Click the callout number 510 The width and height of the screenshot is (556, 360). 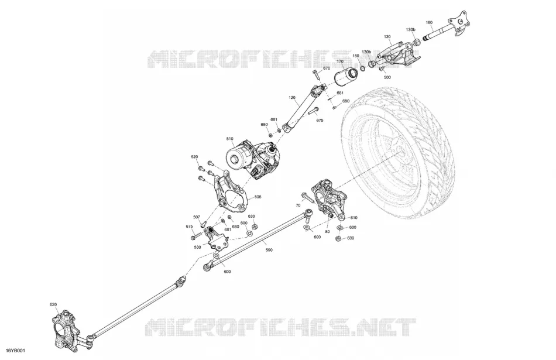point(230,139)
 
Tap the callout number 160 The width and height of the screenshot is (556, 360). point(429,23)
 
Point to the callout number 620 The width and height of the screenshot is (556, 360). point(53,304)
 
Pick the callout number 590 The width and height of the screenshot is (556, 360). point(269,250)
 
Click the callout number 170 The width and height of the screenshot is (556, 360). point(340,61)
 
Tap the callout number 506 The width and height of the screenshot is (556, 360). point(258,197)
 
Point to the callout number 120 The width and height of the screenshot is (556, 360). point(292,98)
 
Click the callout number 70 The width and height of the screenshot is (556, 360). point(298,205)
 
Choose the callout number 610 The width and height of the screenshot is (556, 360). point(354,218)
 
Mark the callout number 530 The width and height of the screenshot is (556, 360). point(197,247)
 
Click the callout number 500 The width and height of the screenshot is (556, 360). point(387,77)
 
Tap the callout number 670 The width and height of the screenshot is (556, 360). point(326,68)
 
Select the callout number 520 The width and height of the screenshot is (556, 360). point(194,157)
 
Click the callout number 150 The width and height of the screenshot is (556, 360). point(356,56)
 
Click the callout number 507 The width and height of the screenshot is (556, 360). point(197,217)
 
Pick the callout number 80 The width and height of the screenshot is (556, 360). point(327,232)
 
